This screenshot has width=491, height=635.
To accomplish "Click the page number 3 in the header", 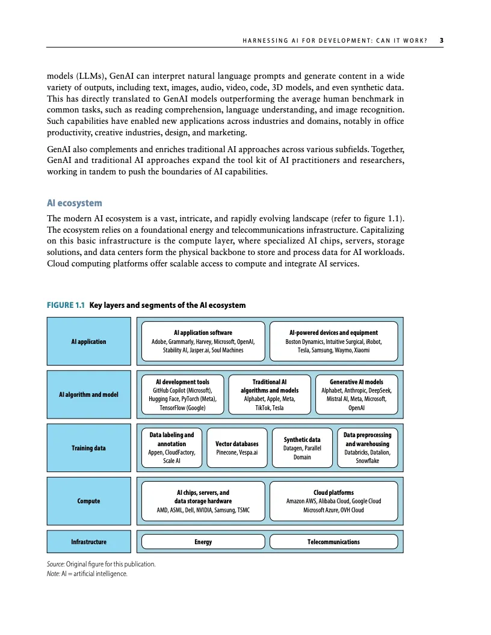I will click(441, 41).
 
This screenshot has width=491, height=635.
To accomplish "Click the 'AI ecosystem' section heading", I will click(74, 203).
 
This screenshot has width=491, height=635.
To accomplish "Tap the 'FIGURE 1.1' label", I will click(66, 305).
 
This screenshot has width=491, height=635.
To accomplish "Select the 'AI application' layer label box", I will click(88, 342).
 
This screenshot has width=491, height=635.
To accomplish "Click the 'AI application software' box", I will click(203, 341).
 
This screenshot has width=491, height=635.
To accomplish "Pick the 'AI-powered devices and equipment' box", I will click(333, 341).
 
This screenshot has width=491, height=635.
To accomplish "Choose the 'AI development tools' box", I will click(182, 394).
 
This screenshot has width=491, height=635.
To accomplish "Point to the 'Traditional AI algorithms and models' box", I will click(269, 394).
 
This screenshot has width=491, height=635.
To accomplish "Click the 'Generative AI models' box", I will click(356, 394).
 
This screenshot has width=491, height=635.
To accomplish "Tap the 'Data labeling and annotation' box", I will click(171, 447).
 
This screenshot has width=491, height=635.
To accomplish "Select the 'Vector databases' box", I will click(236, 448).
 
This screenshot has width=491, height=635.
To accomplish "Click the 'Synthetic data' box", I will click(302, 448).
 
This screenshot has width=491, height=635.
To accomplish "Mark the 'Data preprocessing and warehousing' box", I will click(366, 447).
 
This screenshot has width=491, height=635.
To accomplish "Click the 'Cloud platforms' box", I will click(333, 501).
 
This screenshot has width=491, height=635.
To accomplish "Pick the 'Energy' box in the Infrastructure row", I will click(203, 542).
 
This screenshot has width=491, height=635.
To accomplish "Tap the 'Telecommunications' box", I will click(333, 542).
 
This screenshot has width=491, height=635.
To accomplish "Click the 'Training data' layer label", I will click(88, 448).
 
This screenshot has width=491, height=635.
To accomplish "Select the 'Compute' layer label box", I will click(88, 501).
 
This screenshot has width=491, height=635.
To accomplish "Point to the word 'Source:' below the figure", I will click(57, 564).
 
